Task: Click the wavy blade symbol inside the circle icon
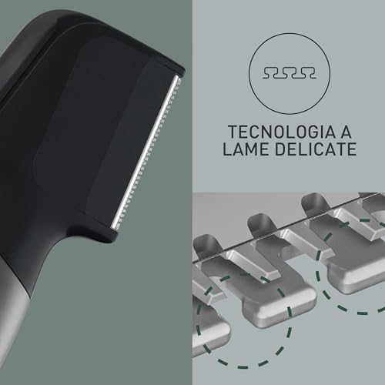pyautogui.click(x=289, y=72)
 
